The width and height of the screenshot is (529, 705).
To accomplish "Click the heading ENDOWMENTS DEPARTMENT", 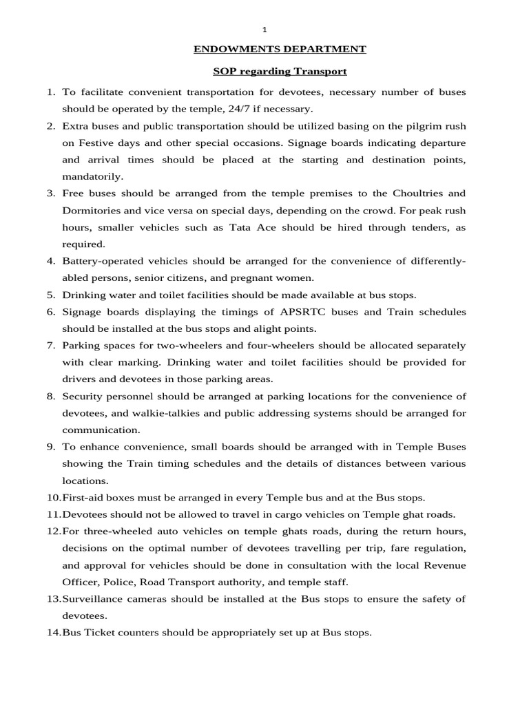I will click(x=279, y=49).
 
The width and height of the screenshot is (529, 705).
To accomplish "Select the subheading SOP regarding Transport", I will click(x=279, y=72).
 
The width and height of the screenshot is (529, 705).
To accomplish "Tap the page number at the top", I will click(x=264, y=28).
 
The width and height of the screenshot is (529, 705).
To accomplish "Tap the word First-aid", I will click(x=84, y=497).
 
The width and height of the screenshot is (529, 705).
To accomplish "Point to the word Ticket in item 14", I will click(x=103, y=632).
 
